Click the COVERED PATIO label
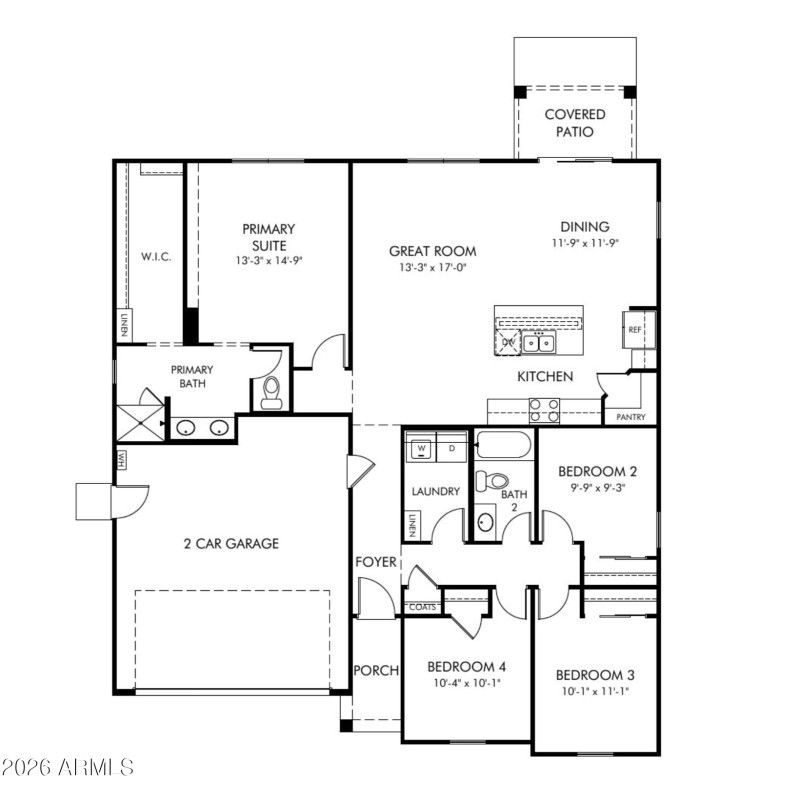[x=574, y=122]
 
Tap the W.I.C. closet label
[x=156, y=256]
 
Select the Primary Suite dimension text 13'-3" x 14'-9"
[x=268, y=260]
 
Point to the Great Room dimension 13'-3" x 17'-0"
[x=432, y=268]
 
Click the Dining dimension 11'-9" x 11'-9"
[x=584, y=243]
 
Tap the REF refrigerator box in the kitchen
[x=635, y=329]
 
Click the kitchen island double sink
[x=540, y=343]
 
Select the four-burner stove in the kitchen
[x=545, y=410]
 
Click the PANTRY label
[x=630, y=417]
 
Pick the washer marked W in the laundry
[x=421, y=449]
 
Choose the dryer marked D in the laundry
[x=452, y=449]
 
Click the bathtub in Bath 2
[x=505, y=444]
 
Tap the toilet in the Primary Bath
[x=270, y=392]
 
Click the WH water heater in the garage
[x=122, y=459]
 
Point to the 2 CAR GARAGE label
[x=230, y=544]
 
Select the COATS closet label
[x=420, y=606]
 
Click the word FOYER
[x=376, y=562]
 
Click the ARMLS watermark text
[x=68, y=768]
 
